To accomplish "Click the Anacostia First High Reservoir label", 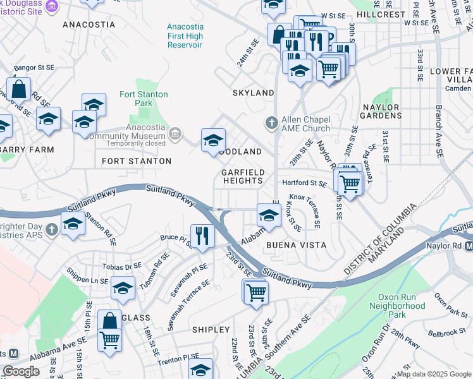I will tap(185, 36).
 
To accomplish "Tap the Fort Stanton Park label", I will tap(144, 99).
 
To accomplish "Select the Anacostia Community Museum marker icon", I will tap(175, 133).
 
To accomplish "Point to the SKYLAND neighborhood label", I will tap(253, 93).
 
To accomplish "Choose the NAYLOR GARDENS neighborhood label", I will tap(381, 112).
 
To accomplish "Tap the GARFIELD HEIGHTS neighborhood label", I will tap(242, 176).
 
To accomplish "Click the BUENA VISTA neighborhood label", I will tap(296, 244).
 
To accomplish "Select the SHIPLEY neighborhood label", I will tap(211, 330).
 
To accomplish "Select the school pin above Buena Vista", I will tap(268, 216).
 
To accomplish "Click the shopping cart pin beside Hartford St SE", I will tap(349, 183).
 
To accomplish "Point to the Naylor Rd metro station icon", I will tap(469, 246).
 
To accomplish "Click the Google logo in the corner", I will tap(21, 371).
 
